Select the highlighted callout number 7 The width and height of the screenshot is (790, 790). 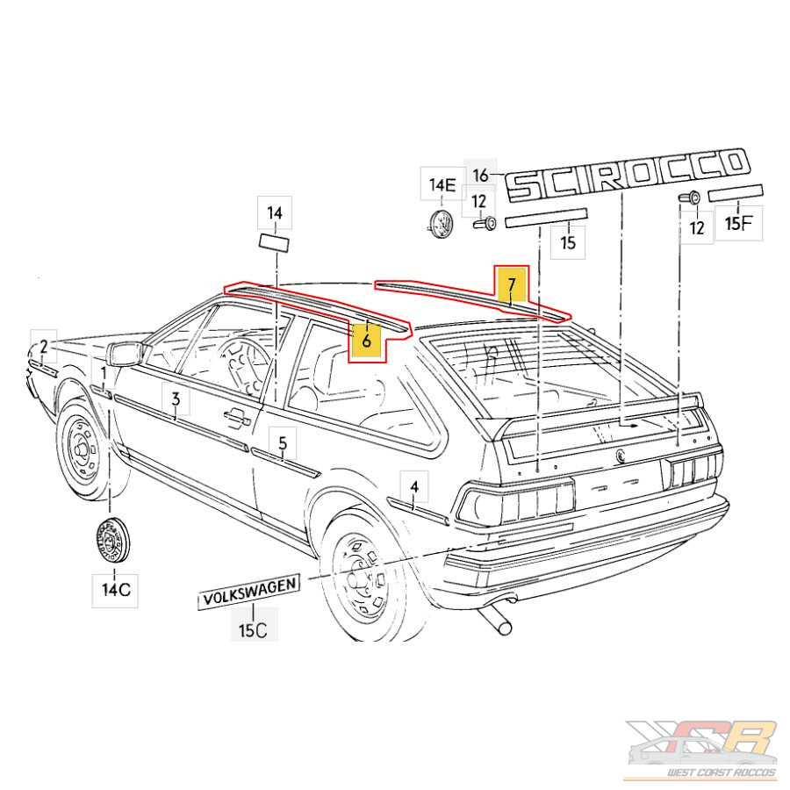511,284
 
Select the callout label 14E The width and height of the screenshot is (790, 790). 442,184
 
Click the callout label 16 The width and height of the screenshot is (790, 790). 480,175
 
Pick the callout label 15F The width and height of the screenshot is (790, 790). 738,222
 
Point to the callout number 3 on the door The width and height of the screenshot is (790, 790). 176,400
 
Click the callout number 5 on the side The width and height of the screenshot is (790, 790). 283,443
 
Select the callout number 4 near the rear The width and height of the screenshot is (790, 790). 414,485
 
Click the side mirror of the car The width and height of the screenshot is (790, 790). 126,355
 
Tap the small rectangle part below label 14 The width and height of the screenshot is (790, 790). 276,242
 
